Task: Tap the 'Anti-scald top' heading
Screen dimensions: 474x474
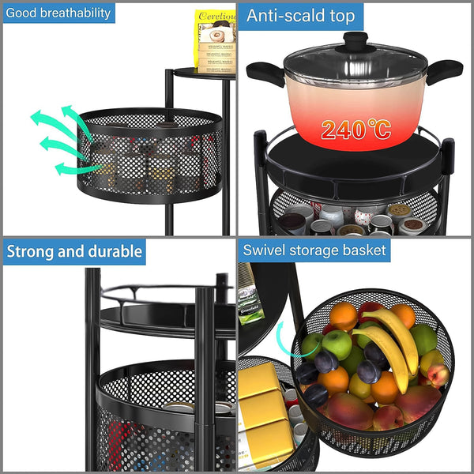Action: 301,16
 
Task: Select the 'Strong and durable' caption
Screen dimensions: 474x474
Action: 74,252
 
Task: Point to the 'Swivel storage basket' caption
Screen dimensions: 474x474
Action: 314,250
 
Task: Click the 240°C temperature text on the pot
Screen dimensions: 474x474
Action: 355,129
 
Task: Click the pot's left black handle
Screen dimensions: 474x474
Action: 265,73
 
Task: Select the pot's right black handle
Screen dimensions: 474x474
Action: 444,70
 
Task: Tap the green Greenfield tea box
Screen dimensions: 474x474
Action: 248,296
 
